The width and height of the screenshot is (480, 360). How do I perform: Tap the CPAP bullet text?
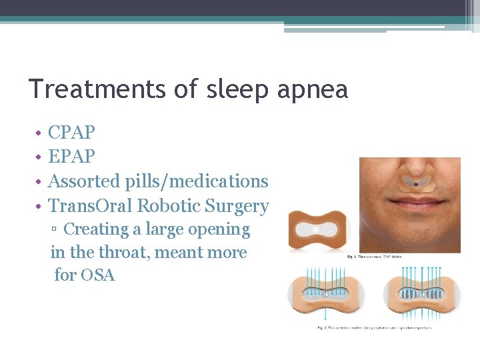tap(71, 132)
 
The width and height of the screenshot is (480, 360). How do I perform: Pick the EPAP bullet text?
tap(71, 157)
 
